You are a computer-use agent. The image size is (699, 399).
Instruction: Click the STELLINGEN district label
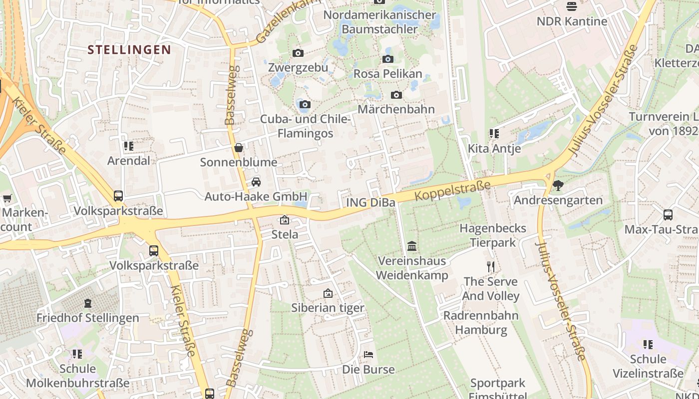129,49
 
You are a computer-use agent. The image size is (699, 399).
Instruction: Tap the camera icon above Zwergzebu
298,53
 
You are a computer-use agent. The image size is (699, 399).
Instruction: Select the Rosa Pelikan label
387,74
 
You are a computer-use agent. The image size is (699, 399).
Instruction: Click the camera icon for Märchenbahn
396,95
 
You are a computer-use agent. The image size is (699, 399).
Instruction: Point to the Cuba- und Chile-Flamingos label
305,126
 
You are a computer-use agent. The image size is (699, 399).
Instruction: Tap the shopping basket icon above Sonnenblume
239,148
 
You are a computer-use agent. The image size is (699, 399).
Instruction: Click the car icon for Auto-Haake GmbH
256,182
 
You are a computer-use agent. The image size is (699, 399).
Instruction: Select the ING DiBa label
370,202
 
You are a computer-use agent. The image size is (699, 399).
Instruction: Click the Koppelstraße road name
453,192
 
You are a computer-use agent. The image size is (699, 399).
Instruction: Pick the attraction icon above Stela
284,220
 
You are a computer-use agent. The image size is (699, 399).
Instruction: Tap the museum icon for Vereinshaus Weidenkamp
412,246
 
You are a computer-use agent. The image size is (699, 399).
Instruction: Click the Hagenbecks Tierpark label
492,235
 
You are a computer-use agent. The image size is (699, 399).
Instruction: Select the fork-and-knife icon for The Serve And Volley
491,267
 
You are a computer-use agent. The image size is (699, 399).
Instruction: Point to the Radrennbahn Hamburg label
481,323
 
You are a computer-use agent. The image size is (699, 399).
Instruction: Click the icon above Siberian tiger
328,293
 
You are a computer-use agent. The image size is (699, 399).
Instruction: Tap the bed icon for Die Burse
368,355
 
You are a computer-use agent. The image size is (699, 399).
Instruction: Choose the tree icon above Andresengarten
558,186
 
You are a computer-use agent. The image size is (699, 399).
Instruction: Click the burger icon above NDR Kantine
572,6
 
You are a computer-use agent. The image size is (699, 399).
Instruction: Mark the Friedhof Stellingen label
88,318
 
